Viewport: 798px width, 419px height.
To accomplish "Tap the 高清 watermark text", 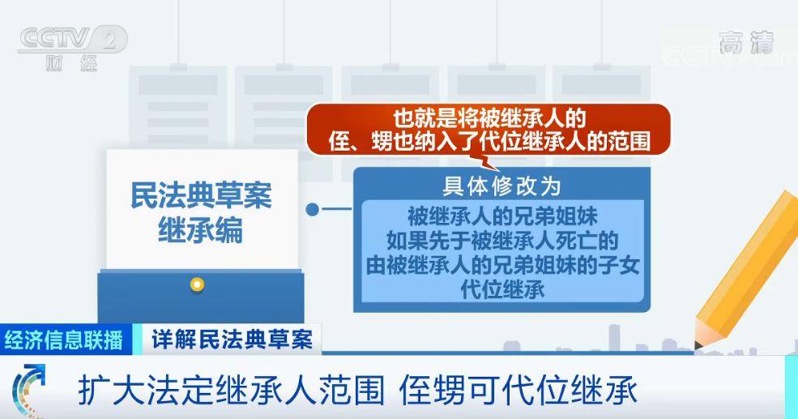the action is (746, 43).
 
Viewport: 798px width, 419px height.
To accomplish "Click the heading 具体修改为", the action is (501, 186).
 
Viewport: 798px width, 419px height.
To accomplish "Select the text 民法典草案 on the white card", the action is (201, 195).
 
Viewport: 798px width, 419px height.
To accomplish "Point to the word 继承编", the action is (201, 229).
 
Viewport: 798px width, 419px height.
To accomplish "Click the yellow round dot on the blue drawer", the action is (197, 284).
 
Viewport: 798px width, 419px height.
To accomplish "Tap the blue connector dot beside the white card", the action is (313, 209).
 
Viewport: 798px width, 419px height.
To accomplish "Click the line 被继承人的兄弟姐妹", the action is (502, 216).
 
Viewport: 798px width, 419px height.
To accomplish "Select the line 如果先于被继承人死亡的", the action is (502, 241).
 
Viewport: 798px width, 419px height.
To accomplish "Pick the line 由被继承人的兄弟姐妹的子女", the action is (502, 265).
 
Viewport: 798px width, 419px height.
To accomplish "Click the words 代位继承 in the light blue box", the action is (502, 289).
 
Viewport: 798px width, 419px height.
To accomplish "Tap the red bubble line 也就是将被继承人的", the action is (489, 118).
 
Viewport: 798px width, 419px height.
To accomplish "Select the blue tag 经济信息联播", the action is (64, 340).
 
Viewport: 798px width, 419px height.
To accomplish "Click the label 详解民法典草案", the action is (232, 340).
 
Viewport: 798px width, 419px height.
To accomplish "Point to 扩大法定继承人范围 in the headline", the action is (231, 391).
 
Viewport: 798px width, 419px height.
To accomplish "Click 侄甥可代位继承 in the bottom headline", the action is (518, 391).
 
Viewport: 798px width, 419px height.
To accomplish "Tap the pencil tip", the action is (698, 346).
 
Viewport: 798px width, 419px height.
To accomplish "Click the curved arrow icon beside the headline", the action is (28, 390).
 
